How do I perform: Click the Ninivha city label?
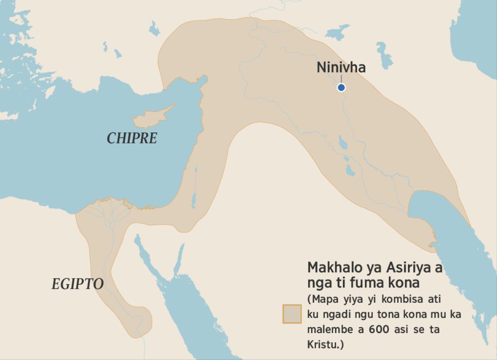click(x=341, y=68)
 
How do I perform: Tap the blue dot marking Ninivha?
click(x=341, y=87)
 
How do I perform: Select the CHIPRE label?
click(x=132, y=138)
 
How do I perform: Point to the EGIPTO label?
click(x=77, y=284)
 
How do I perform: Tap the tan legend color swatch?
click(x=292, y=314)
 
